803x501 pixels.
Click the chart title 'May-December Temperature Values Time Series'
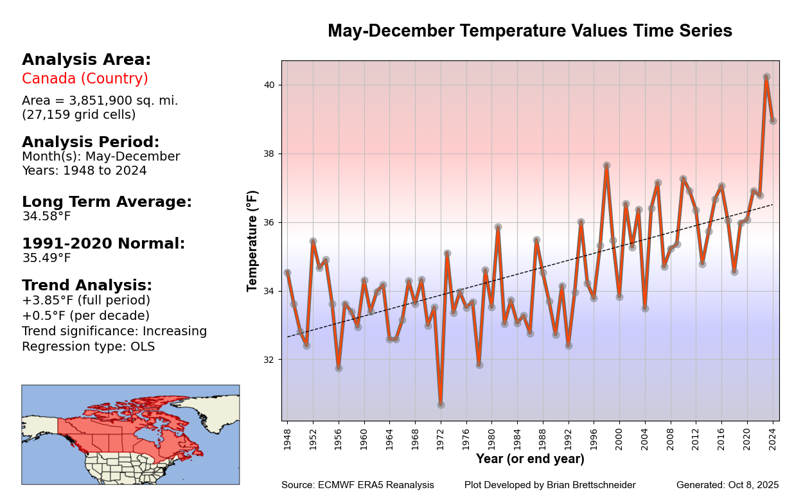[x=529, y=31]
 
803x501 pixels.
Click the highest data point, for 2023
[x=766, y=77]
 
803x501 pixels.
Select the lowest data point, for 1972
[x=441, y=405]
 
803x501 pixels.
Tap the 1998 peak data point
[x=606, y=166]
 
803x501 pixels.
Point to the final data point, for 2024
[x=773, y=121]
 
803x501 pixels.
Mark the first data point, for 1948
[x=287, y=273]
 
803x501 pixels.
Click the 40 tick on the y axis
[x=269, y=85]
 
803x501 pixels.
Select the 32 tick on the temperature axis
[x=269, y=360]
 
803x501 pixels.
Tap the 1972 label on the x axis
[x=441, y=435]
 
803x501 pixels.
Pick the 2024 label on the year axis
[x=773, y=435]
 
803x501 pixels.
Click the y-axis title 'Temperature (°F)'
[x=252, y=240]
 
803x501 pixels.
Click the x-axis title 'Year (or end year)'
[x=530, y=459]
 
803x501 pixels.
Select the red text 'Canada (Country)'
[x=85, y=79]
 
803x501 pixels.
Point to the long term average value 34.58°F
[x=46, y=217]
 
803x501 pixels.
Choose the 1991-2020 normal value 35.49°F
[x=46, y=259]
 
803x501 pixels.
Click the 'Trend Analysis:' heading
[x=87, y=286]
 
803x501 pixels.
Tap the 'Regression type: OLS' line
[x=88, y=347]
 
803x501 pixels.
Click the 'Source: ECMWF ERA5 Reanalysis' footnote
[x=357, y=486]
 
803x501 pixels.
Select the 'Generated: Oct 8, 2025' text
[x=727, y=486]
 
